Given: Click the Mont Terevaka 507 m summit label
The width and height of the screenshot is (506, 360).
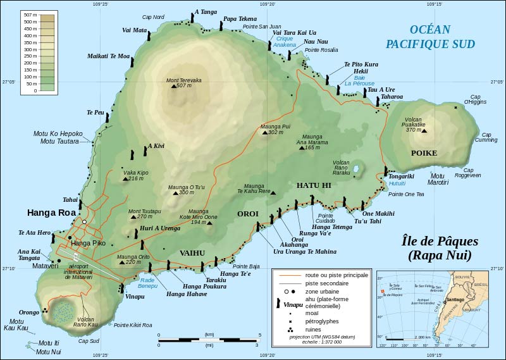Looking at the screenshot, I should tap(183, 83).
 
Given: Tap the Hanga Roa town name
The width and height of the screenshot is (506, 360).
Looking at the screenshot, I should tap(51, 213).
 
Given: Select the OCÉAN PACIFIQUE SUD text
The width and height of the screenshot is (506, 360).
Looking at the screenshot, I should tap(421, 36).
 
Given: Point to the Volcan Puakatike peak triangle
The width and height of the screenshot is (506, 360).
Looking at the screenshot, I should tap(424, 131).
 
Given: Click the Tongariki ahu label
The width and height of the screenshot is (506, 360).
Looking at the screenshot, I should tap(401, 177).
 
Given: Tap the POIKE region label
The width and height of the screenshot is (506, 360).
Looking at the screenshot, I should tap(424, 153).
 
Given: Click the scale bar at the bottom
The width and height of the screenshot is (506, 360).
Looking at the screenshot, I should tap(207, 340).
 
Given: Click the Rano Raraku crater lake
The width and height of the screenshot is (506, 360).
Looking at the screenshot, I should tap(356, 170).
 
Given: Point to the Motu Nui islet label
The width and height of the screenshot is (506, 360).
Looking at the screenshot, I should tap(49, 351).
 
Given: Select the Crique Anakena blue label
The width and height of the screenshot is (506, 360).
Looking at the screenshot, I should tap(284, 41).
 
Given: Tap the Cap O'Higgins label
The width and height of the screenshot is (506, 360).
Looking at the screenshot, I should tap(475, 100).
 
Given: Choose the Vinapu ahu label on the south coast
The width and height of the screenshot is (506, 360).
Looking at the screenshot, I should tap(135, 295).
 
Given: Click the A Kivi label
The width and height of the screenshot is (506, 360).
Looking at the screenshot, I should tap(156, 146).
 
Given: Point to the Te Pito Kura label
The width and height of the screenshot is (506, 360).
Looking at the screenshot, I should tap(361, 65).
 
